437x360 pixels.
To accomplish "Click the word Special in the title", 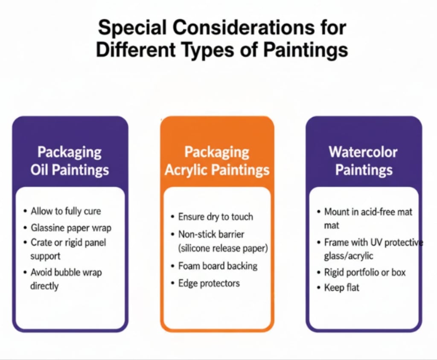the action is (132, 28).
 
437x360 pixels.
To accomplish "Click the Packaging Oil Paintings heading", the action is (70, 161).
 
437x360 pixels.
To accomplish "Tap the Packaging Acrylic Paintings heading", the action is (217, 161).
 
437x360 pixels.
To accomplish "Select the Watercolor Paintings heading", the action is (364, 161).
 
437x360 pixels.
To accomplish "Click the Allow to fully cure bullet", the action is (66, 211).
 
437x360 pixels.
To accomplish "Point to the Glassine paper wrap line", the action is (71, 228).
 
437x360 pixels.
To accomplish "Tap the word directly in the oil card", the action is (44, 286).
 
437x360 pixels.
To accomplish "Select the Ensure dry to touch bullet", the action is (216, 217).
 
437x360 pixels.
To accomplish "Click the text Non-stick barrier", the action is (211, 234).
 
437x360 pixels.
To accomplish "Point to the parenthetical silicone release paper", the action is (223, 248).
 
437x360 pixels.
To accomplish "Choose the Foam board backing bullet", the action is (218, 266).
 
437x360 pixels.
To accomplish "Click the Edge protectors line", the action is (209, 283).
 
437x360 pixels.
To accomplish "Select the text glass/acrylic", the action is (348, 256).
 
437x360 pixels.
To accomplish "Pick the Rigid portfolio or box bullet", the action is (365, 272).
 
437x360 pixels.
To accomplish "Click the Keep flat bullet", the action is (342, 287).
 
